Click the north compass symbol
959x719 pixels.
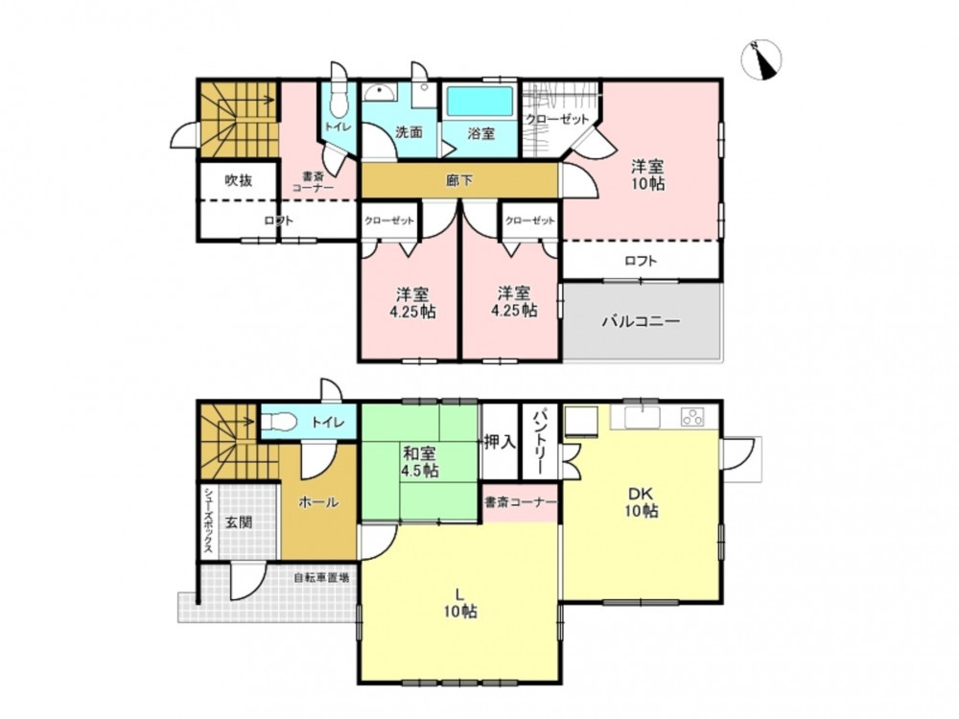pos(760,59)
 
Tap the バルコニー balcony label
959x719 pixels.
pos(641,321)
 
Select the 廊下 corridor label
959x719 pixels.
pos(459,180)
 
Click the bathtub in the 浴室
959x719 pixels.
pos(479,102)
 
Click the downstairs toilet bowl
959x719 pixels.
pos(280,422)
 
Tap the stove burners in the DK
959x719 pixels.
pos(692,417)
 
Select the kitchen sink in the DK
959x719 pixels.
pos(643,418)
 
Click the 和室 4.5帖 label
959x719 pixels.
pos(420,462)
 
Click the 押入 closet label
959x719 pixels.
pos(500,441)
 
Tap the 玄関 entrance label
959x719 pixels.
pos(239,522)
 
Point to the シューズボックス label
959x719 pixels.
pos(208,521)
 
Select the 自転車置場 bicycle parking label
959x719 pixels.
pos(321,577)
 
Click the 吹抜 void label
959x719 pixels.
pos(239,180)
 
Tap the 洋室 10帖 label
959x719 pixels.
pos(647,174)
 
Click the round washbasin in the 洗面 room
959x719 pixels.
pos(380,92)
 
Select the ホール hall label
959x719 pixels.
pos(318,502)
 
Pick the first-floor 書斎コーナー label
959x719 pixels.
pos(520,502)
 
